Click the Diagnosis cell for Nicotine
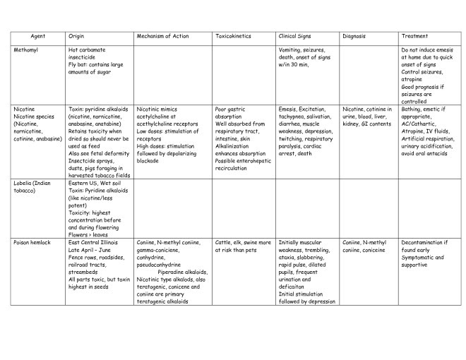367,117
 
